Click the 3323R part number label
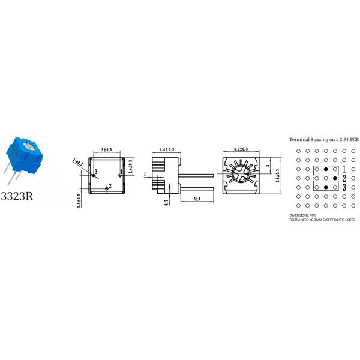click(x=16, y=196)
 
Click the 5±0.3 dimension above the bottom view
click(x=107, y=149)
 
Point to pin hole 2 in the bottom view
click(x=107, y=188)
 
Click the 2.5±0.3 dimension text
click(x=79, y=201)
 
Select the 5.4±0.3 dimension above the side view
click(x=166, y=149)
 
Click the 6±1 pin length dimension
click(x=196, y=198)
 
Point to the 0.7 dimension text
click(x=166, y=203)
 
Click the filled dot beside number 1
click(x=326, y=169)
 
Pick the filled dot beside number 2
click(x=335, y=179)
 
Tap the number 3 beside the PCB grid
click(x=344, y=188)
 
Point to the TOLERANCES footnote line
click(x=322, y=220)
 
